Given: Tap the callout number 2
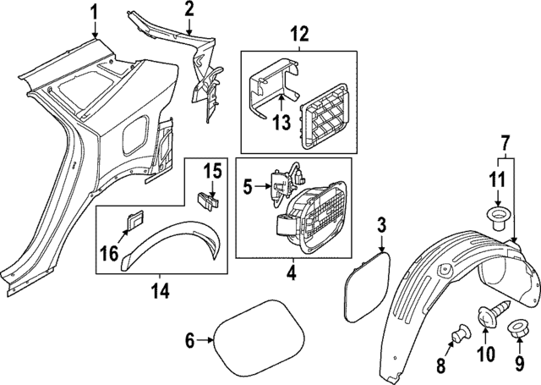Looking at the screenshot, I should point(189,9).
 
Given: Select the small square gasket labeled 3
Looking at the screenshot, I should point(364,280).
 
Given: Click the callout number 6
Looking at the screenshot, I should point(190,340).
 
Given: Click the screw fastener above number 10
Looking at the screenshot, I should point(486,316).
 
